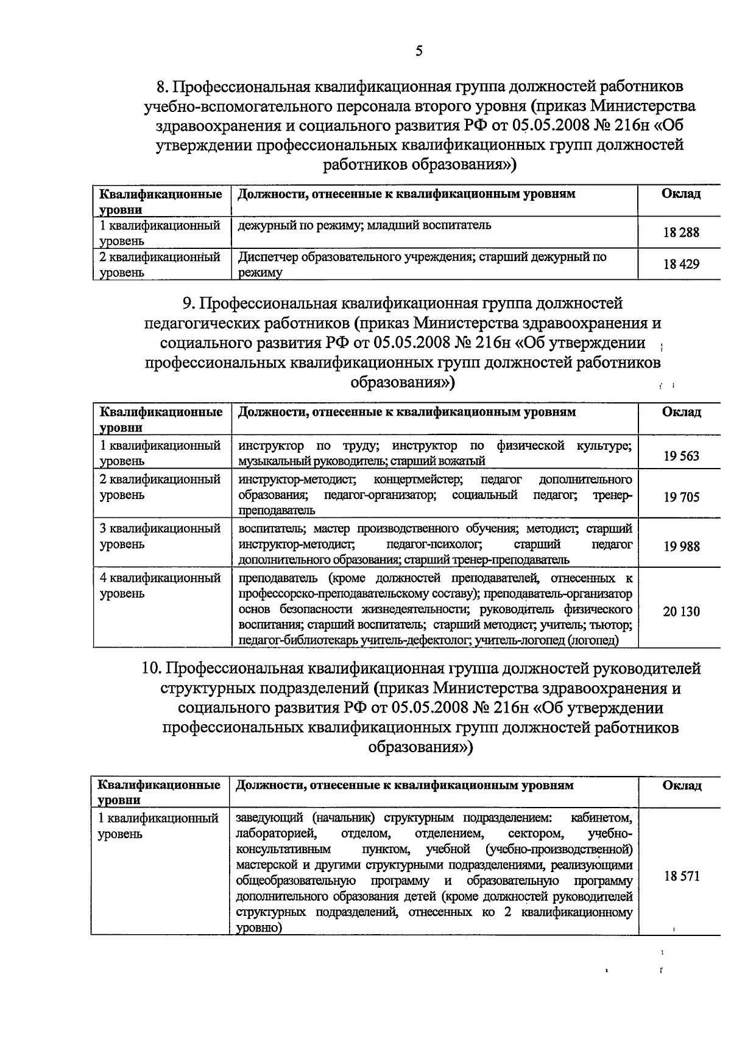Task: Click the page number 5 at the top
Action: pos(418,51)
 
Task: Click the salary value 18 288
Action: pos(681,232)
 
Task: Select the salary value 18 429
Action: pos(681,264)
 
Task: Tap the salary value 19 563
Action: pos(681,456)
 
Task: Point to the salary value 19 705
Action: pos(681,497)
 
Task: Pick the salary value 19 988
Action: pos(681,546)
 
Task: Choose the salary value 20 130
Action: pos(681,612)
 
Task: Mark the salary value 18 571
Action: pos(681,876)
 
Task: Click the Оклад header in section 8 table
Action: pos(680,194)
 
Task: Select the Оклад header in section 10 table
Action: pos(682,786)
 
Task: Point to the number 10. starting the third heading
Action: pos(150,669)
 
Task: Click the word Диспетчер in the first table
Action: pos(266,257)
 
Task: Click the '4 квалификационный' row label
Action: pos(160,578)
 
